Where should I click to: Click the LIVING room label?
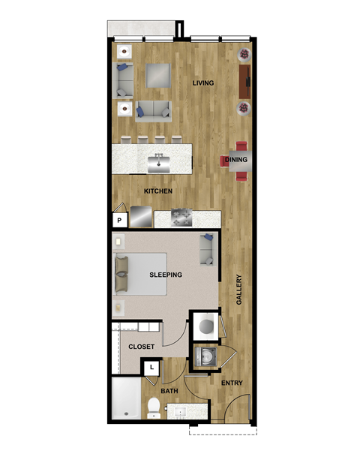(203, 83)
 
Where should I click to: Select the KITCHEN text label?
(158, 191)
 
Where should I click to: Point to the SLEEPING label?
(165, 275)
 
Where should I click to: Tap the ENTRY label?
(232, 383)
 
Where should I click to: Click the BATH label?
(169, 391)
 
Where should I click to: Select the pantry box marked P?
(118, 220)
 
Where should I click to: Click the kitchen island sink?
(158, 159)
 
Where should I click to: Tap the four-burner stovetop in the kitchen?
(182, 218)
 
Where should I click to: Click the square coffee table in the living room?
(158, 75)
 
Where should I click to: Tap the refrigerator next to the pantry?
(140, 218)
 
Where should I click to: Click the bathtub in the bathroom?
(125, 398)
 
